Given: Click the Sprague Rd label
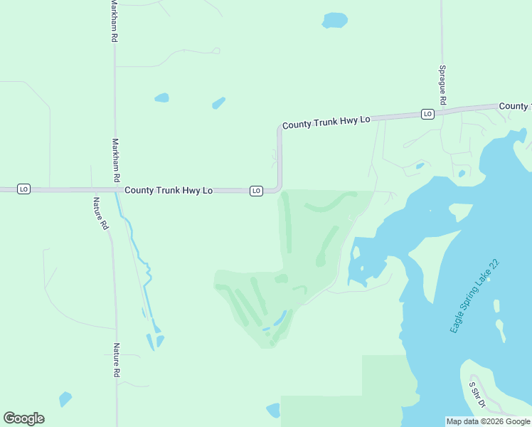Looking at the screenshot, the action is [x=442, y=85].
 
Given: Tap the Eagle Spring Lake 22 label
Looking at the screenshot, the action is [x=475, y=297].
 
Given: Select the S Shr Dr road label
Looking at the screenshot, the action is [x=476, y=395].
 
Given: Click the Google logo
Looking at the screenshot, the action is [x=23, y=418].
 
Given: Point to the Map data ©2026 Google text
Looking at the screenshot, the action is [x=488, y=421].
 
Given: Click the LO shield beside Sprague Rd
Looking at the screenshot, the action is [x=427, y=114].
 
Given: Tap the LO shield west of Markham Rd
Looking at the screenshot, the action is [x=23, y=189].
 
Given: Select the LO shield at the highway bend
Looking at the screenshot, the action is [x=256, y=191].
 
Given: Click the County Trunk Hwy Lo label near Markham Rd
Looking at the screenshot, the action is [x=169, y=191].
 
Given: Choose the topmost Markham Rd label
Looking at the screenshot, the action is [x=114, y=21].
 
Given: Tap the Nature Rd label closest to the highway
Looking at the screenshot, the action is [x=102, y=213].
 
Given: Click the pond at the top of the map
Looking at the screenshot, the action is [x=334, y=20].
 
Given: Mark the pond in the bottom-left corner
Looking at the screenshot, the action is [x=65, y=399].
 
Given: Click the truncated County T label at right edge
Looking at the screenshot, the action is [x=515, y=106].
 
